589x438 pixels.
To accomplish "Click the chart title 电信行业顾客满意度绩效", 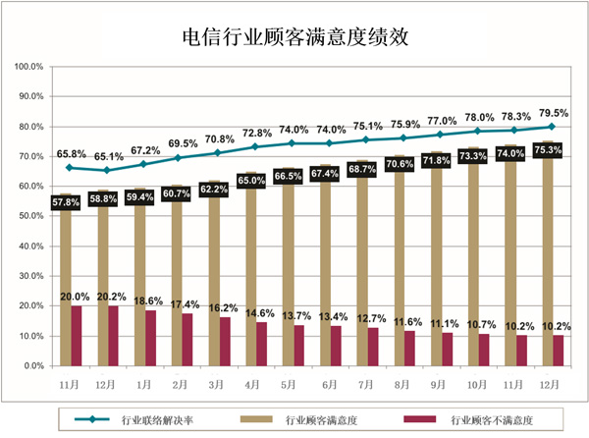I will [x=294, y=38].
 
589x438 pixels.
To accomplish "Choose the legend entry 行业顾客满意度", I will [x=325, y=419].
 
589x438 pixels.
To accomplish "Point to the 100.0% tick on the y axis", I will [x=28, y=67].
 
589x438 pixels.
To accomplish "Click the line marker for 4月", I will [x=255, y=146].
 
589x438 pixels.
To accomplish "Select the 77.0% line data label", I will [x=442, y=120].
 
